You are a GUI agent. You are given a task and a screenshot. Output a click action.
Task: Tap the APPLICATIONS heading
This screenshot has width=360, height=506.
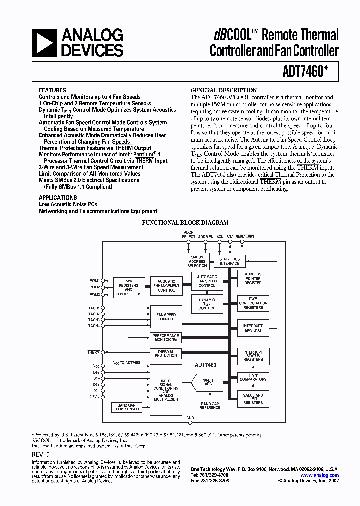58,198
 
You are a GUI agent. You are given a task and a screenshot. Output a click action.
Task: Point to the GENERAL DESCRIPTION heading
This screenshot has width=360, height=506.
224,90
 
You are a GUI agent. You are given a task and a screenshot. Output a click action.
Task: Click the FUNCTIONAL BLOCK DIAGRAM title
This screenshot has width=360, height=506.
186,223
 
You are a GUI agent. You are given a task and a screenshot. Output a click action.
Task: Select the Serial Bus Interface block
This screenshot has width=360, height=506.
230,261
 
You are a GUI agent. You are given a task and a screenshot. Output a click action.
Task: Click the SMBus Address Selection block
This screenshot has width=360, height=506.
197,261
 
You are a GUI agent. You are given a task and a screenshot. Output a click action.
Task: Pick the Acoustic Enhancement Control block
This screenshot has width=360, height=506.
166,286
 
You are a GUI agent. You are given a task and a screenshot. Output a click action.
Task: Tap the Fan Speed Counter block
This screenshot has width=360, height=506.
166,316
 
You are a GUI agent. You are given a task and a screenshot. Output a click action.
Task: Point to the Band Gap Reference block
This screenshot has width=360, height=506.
210,405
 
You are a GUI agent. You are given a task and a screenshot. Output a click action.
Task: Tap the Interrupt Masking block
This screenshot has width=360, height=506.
253,328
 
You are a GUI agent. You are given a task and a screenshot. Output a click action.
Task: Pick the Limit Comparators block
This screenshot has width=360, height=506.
253,378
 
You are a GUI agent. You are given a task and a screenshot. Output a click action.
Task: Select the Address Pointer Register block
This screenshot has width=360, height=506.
253,278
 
